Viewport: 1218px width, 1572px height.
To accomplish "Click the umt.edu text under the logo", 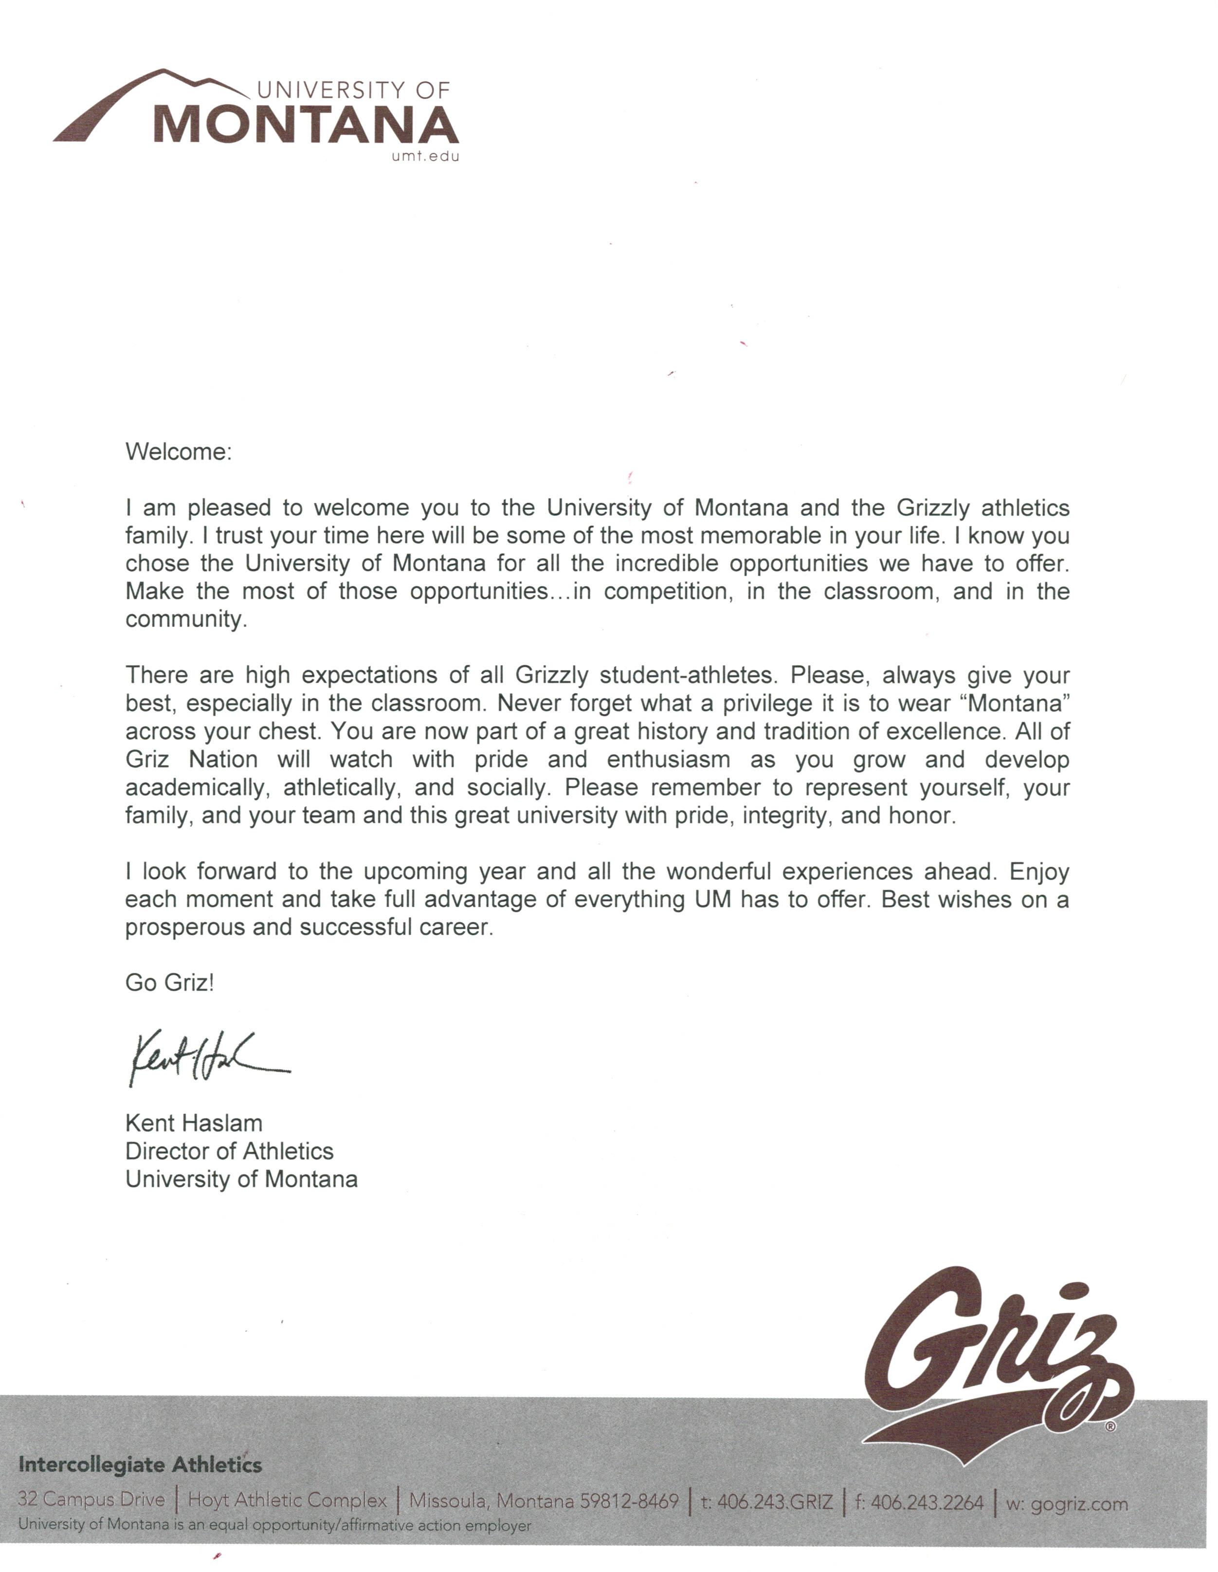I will point(425,157).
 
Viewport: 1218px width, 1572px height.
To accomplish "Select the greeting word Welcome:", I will point(179,452).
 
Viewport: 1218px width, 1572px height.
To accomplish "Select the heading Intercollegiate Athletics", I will point(140,1464).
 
